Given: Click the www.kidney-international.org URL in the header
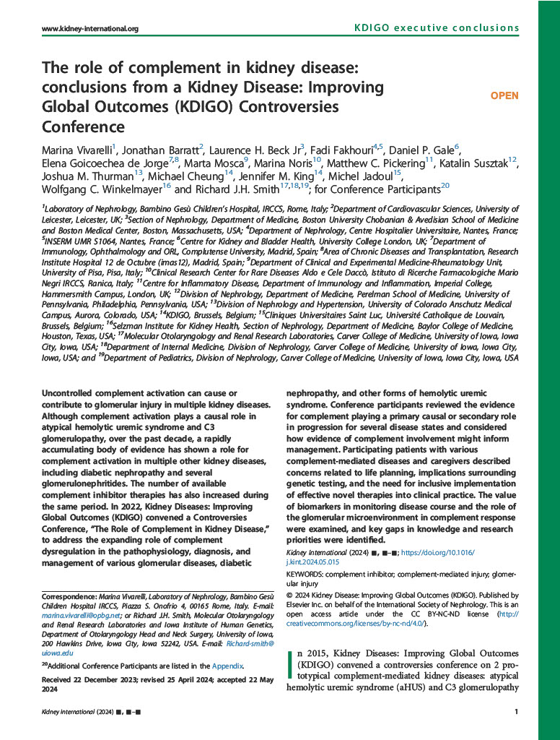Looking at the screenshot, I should click(90, 29).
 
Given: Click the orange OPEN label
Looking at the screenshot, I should click(504, 95).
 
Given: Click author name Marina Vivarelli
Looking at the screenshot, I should click(76, 150).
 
